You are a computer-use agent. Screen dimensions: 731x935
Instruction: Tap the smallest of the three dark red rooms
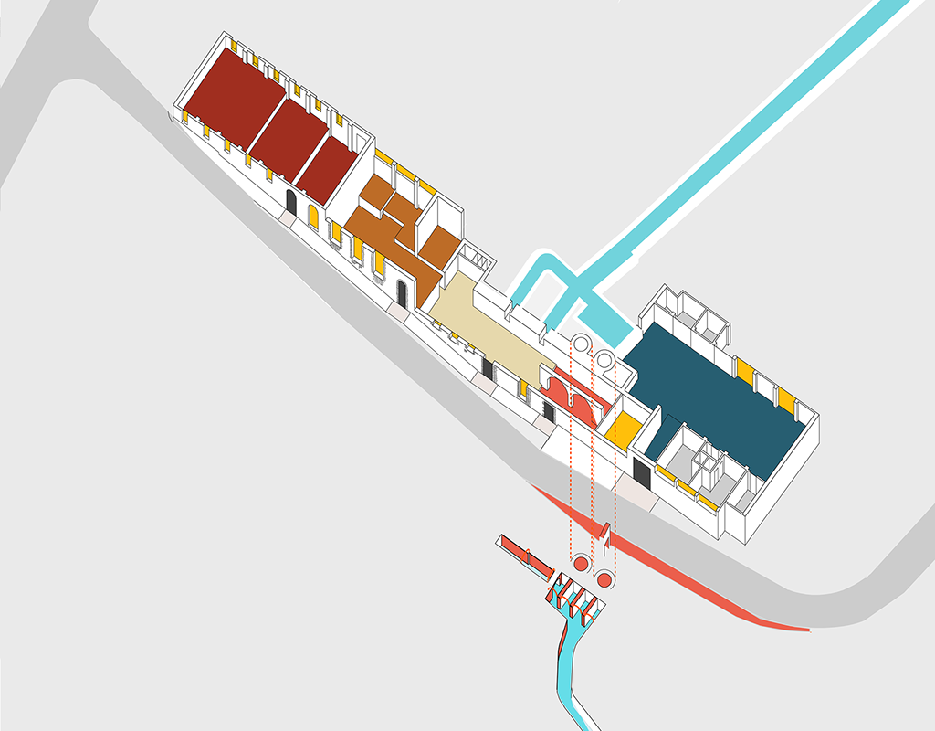coord(327,170)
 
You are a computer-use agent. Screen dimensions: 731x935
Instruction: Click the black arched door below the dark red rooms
coord(291,201)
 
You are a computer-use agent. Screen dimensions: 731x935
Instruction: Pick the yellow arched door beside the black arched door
coord(313,217)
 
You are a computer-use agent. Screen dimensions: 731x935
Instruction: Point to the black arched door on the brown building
coord(402,293)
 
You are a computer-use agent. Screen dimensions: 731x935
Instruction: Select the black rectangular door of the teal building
coord(641,472)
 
